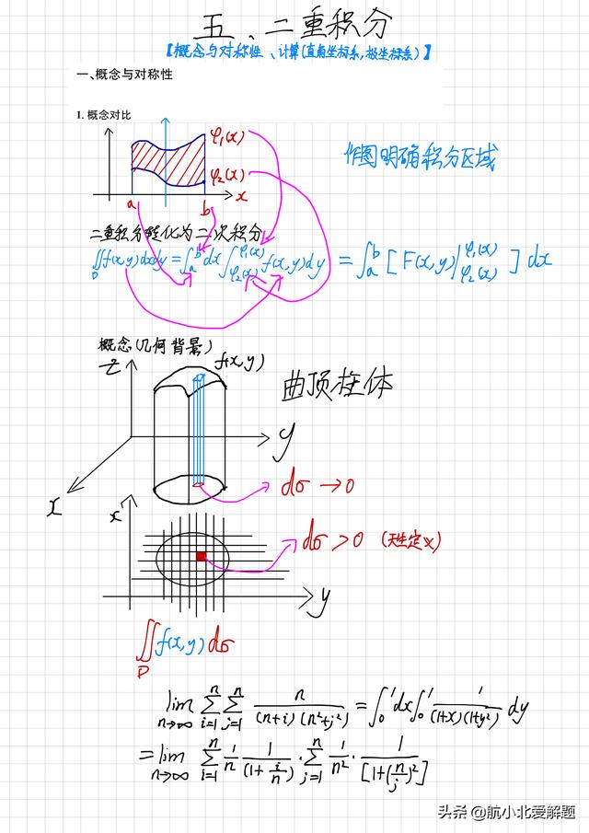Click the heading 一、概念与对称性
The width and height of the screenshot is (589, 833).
click(x=124, y=75)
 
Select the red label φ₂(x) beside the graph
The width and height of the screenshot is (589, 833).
click(x=226, y=174)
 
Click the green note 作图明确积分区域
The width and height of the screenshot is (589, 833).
click(x=419, y=157)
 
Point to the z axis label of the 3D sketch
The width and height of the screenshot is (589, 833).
click(x=111, y=366)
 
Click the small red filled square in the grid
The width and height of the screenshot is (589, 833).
click(x=200, y=556)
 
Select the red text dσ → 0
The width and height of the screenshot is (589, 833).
click(x=317, y=485)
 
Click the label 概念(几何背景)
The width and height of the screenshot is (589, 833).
click(x=155, y=346)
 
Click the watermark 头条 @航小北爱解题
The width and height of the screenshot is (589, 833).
click(x=505, y=813)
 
